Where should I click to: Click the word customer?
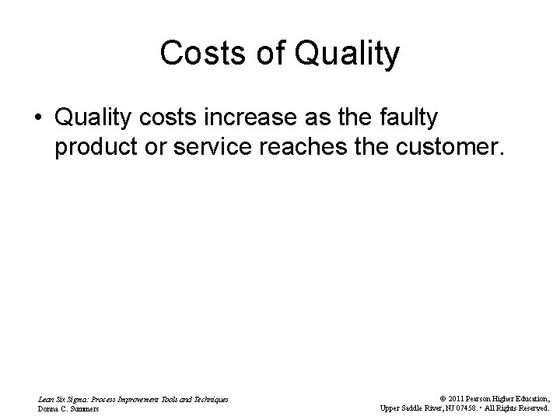coord(456,148)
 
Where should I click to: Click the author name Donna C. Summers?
coord(68,409)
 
